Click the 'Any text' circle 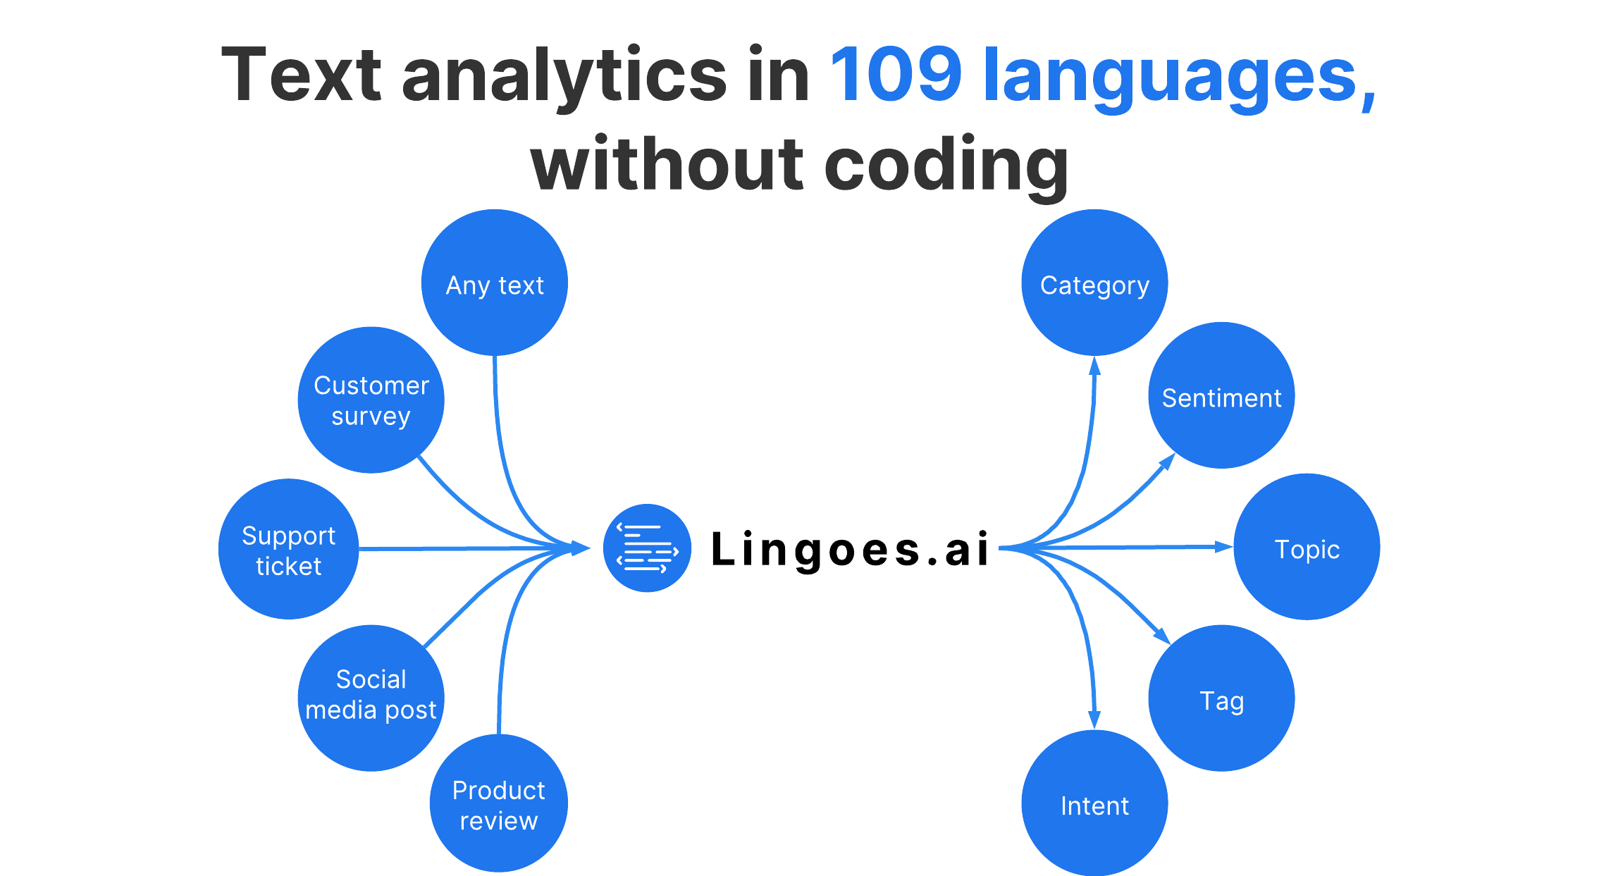click(495, 283)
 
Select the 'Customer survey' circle click(371, 400)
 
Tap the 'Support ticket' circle click(288, 549)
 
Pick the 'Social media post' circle click(371, 698)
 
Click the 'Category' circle click(1094, 283)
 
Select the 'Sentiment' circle click(1221, 395)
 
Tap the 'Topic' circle click(1307, 547)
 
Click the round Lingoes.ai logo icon click(647, 548)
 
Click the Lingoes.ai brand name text click(851, 549)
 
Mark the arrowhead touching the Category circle click(1094, 366)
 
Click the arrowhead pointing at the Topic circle click(1223, 546)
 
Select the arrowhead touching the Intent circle click(1094, 720)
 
